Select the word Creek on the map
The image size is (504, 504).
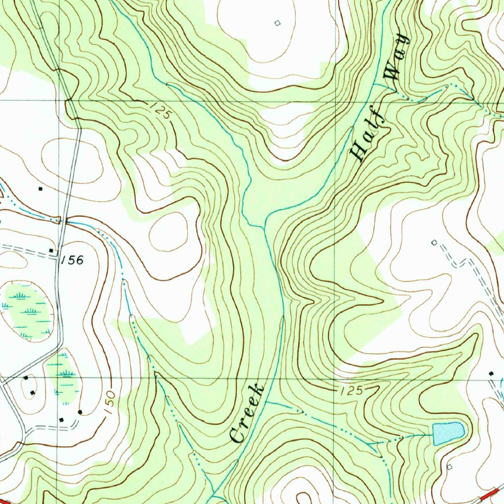(248, 413)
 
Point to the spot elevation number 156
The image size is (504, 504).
(73, 260)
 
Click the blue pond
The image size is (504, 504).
(448, 432)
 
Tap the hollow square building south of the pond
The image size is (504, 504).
(449, 466)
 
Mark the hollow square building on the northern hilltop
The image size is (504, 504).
(277, 23)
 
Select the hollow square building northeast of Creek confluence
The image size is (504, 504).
(434, 242)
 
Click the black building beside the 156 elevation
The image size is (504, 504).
(52, 251)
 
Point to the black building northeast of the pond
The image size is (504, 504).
(491, 374)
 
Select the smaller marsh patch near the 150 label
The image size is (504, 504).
(63, 374)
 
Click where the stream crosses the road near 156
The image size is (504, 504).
(62, 221)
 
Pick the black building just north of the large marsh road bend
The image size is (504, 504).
(40, 189)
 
